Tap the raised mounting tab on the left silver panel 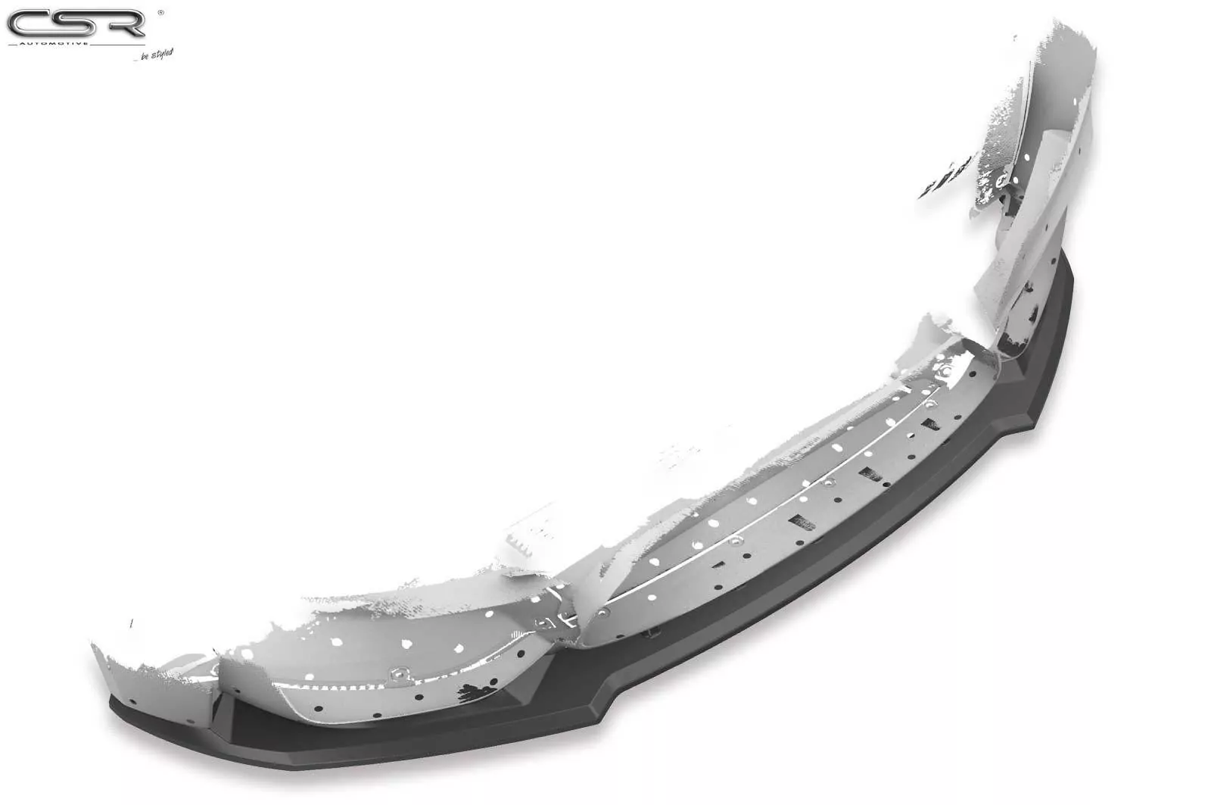point(397,673)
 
